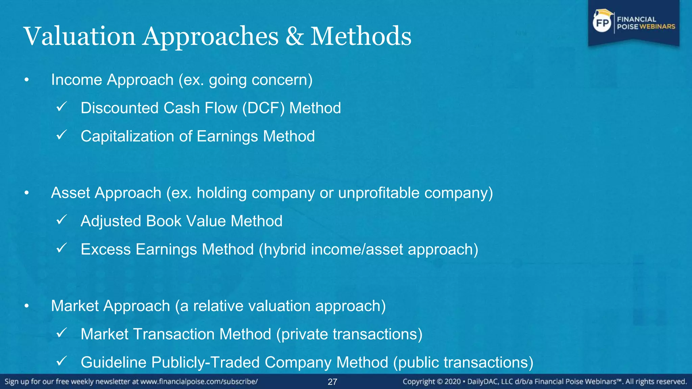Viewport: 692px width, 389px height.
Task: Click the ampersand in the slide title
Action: point(295,36)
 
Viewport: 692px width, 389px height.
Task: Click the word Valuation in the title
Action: point(79,36)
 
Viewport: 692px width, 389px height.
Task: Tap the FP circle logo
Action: point(602,23)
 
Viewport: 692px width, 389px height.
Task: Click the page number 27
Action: point(332,382)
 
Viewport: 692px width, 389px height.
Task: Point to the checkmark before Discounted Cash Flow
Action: point(61,107)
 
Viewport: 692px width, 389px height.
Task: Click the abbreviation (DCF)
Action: point(263,108)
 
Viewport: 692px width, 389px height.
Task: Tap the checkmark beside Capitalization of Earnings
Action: point(61,135)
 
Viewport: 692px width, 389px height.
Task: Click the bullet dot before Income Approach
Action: point(27,80)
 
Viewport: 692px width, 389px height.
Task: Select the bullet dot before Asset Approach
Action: point(27,193)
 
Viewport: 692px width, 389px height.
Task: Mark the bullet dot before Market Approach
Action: point(27,306)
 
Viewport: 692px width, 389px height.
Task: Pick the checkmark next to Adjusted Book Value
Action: point(61,220)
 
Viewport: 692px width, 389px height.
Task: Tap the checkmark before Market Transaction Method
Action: point(61,333)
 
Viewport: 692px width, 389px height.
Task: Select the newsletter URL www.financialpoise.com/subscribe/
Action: point(199,382)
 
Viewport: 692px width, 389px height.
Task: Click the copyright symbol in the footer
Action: point(439,382)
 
